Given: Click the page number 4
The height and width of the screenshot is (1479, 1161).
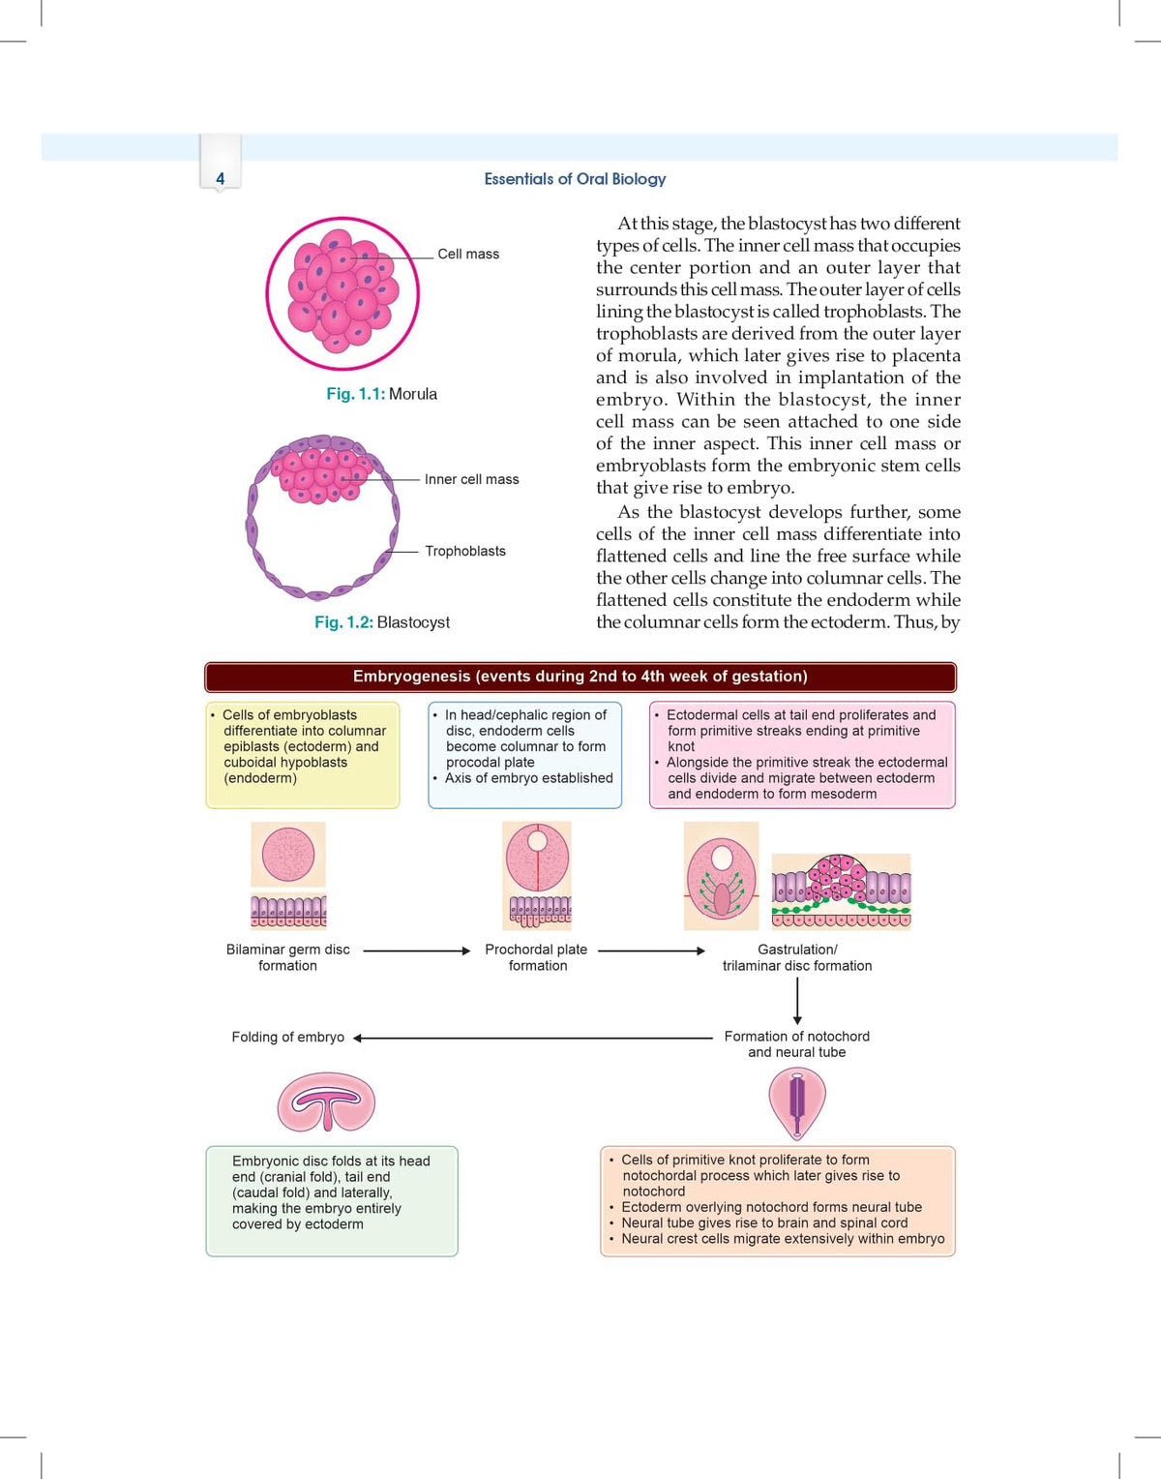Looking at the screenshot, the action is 220,179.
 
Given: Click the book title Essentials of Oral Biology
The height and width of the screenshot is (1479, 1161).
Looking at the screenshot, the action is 575,179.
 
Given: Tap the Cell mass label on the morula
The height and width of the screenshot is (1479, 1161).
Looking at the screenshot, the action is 468,254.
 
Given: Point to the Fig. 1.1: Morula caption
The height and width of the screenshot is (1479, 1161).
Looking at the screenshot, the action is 381,394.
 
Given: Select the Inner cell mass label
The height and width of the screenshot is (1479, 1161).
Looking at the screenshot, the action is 471,479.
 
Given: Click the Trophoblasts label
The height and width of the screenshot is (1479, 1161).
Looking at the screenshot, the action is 465,551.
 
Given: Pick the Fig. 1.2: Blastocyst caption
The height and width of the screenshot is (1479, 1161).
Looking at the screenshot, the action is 381,622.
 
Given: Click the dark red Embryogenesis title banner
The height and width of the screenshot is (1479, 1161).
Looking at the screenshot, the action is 580,677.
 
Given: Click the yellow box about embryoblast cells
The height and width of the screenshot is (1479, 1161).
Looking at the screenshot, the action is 303,755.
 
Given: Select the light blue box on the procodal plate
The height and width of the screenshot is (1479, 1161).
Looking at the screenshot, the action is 524,755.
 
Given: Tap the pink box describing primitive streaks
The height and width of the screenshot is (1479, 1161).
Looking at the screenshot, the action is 802,755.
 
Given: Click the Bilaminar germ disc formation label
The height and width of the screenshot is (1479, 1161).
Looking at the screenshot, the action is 287,957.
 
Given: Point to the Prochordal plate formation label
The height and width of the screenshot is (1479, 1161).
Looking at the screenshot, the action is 537,957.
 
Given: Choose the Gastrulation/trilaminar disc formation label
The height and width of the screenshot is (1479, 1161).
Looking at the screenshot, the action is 797,957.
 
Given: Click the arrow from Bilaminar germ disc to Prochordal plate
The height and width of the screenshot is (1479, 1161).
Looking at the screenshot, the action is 417,951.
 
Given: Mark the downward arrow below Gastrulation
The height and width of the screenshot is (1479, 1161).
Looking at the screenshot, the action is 797,1001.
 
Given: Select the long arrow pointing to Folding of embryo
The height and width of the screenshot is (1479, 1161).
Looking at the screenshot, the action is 532,1038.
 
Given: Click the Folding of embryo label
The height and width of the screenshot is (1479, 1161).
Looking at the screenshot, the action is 287,1038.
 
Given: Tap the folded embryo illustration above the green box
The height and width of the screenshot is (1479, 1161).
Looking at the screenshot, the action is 326,1102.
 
